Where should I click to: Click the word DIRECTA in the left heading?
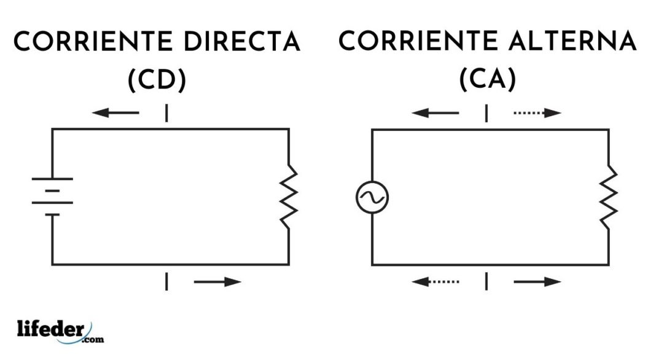pos(242,41)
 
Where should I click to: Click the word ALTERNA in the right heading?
pos(573,41)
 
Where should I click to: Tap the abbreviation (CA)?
pos(488,79)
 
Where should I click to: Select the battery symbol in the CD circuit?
pos(52,197)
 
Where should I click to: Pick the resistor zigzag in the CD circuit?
pos(289,197)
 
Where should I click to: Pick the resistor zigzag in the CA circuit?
pos(609,197)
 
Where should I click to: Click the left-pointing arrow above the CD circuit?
pos(115,112)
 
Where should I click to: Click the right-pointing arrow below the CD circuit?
pos(217,282)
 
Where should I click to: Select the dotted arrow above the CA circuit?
pos(537,112)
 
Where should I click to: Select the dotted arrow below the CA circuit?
pos(435,282)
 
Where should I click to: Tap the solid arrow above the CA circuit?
pos(435,112)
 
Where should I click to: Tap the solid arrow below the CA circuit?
pos(537,282)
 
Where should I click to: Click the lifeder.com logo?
pos(61,332)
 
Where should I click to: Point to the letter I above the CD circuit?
pos(166,113)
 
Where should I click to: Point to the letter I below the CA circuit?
pos(486,281)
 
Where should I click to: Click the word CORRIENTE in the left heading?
pos(93,41)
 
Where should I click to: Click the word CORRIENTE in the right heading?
pos(418,41)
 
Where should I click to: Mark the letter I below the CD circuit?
pos(166,281)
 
